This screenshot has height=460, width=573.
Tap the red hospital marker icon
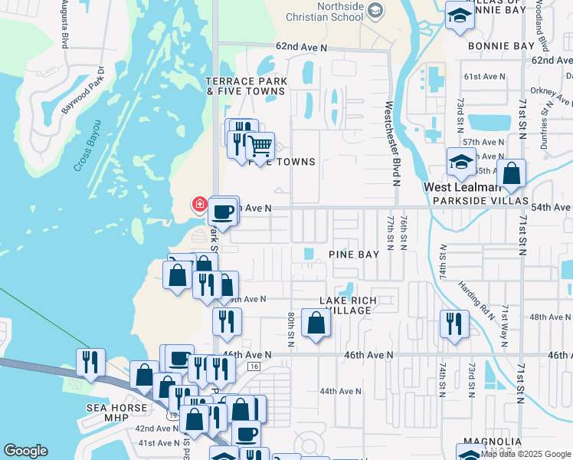(x=199, y=204)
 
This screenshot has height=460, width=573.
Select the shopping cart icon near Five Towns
(x=260, y=144)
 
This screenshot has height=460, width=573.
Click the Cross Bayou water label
(x=88, y=145)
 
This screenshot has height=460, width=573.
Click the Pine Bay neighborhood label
(x=354, y=254)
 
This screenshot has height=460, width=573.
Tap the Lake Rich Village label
(x=345, y=305)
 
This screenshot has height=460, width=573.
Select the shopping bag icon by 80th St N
(x=316, y=323)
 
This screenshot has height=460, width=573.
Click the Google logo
(x=25, y=451)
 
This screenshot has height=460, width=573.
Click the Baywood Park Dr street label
(x=83, y=94)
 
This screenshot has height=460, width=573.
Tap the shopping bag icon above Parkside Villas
(x=511, y=174)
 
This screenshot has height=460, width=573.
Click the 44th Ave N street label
(x=339, y=391)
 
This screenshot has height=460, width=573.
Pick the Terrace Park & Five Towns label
(x=246, y=86)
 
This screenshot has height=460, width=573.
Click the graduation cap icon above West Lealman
(x=460, y=162)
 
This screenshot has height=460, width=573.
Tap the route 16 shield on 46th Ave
(x=254, y=367)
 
